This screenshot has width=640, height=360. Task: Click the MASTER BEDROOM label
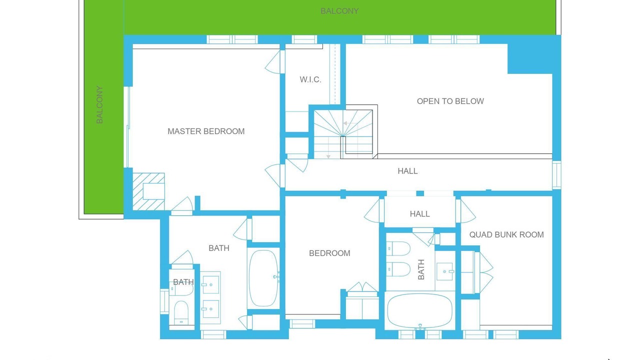pyautogui.click(x=206, y=131)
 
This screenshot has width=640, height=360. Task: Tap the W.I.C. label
pyautogui.click(x=310, y=79)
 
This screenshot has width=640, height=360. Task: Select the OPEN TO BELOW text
pyautogui.click(x=450, y=101)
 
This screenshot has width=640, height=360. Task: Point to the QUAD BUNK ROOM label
pyautogui.click(x=506, y=234)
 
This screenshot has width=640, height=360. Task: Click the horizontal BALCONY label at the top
pyautogui.click(x=339, y=11)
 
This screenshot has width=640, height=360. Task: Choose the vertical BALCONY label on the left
pyautogui.click(x=99, y=104)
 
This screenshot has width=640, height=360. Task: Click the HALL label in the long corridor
pyautogui.click(x=407, y=171)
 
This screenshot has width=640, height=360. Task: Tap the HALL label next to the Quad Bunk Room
pyautogui.click(x=419, y=213)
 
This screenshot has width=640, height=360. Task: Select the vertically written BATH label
pyautogui.click(x=421, y=269)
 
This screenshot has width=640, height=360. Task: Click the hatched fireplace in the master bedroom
pyautogui.click(x=148, y=191)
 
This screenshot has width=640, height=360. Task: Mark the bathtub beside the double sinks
pyautogui.click(x=263, y=278)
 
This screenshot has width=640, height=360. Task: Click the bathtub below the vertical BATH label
pyautogui.click(x=419, y=311)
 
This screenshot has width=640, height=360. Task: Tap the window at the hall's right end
pyautogui.click(x=556, y=175)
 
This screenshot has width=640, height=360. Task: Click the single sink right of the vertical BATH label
pyautogui.click(x=445, y=271)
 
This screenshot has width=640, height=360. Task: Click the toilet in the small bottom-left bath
pyautogui.click(x=181, y=313)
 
